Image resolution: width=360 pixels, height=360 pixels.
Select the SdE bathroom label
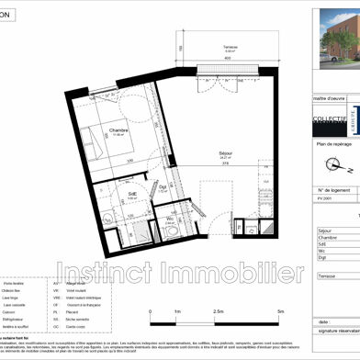(132, 195)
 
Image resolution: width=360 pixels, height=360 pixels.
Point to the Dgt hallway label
(162, 186)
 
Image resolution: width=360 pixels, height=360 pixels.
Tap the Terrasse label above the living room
(207, 49)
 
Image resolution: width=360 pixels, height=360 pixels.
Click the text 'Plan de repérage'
(334, 145)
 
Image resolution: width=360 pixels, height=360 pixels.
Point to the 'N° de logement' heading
(334, 190)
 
